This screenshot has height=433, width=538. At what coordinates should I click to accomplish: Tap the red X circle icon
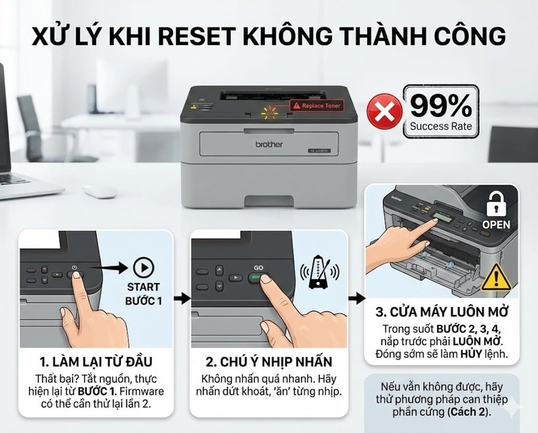coord(383,111)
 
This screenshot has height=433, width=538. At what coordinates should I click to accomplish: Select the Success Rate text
coord(440,126)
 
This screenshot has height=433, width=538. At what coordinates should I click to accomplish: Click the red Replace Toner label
coord(316,105)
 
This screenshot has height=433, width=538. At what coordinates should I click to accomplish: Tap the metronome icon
coord(316,274)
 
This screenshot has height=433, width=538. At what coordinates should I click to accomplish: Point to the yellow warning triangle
coord(496,276)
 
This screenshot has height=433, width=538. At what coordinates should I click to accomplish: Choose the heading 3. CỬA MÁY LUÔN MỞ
coord(442,312)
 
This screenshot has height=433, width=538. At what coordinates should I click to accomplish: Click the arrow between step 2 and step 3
coord(356,298)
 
